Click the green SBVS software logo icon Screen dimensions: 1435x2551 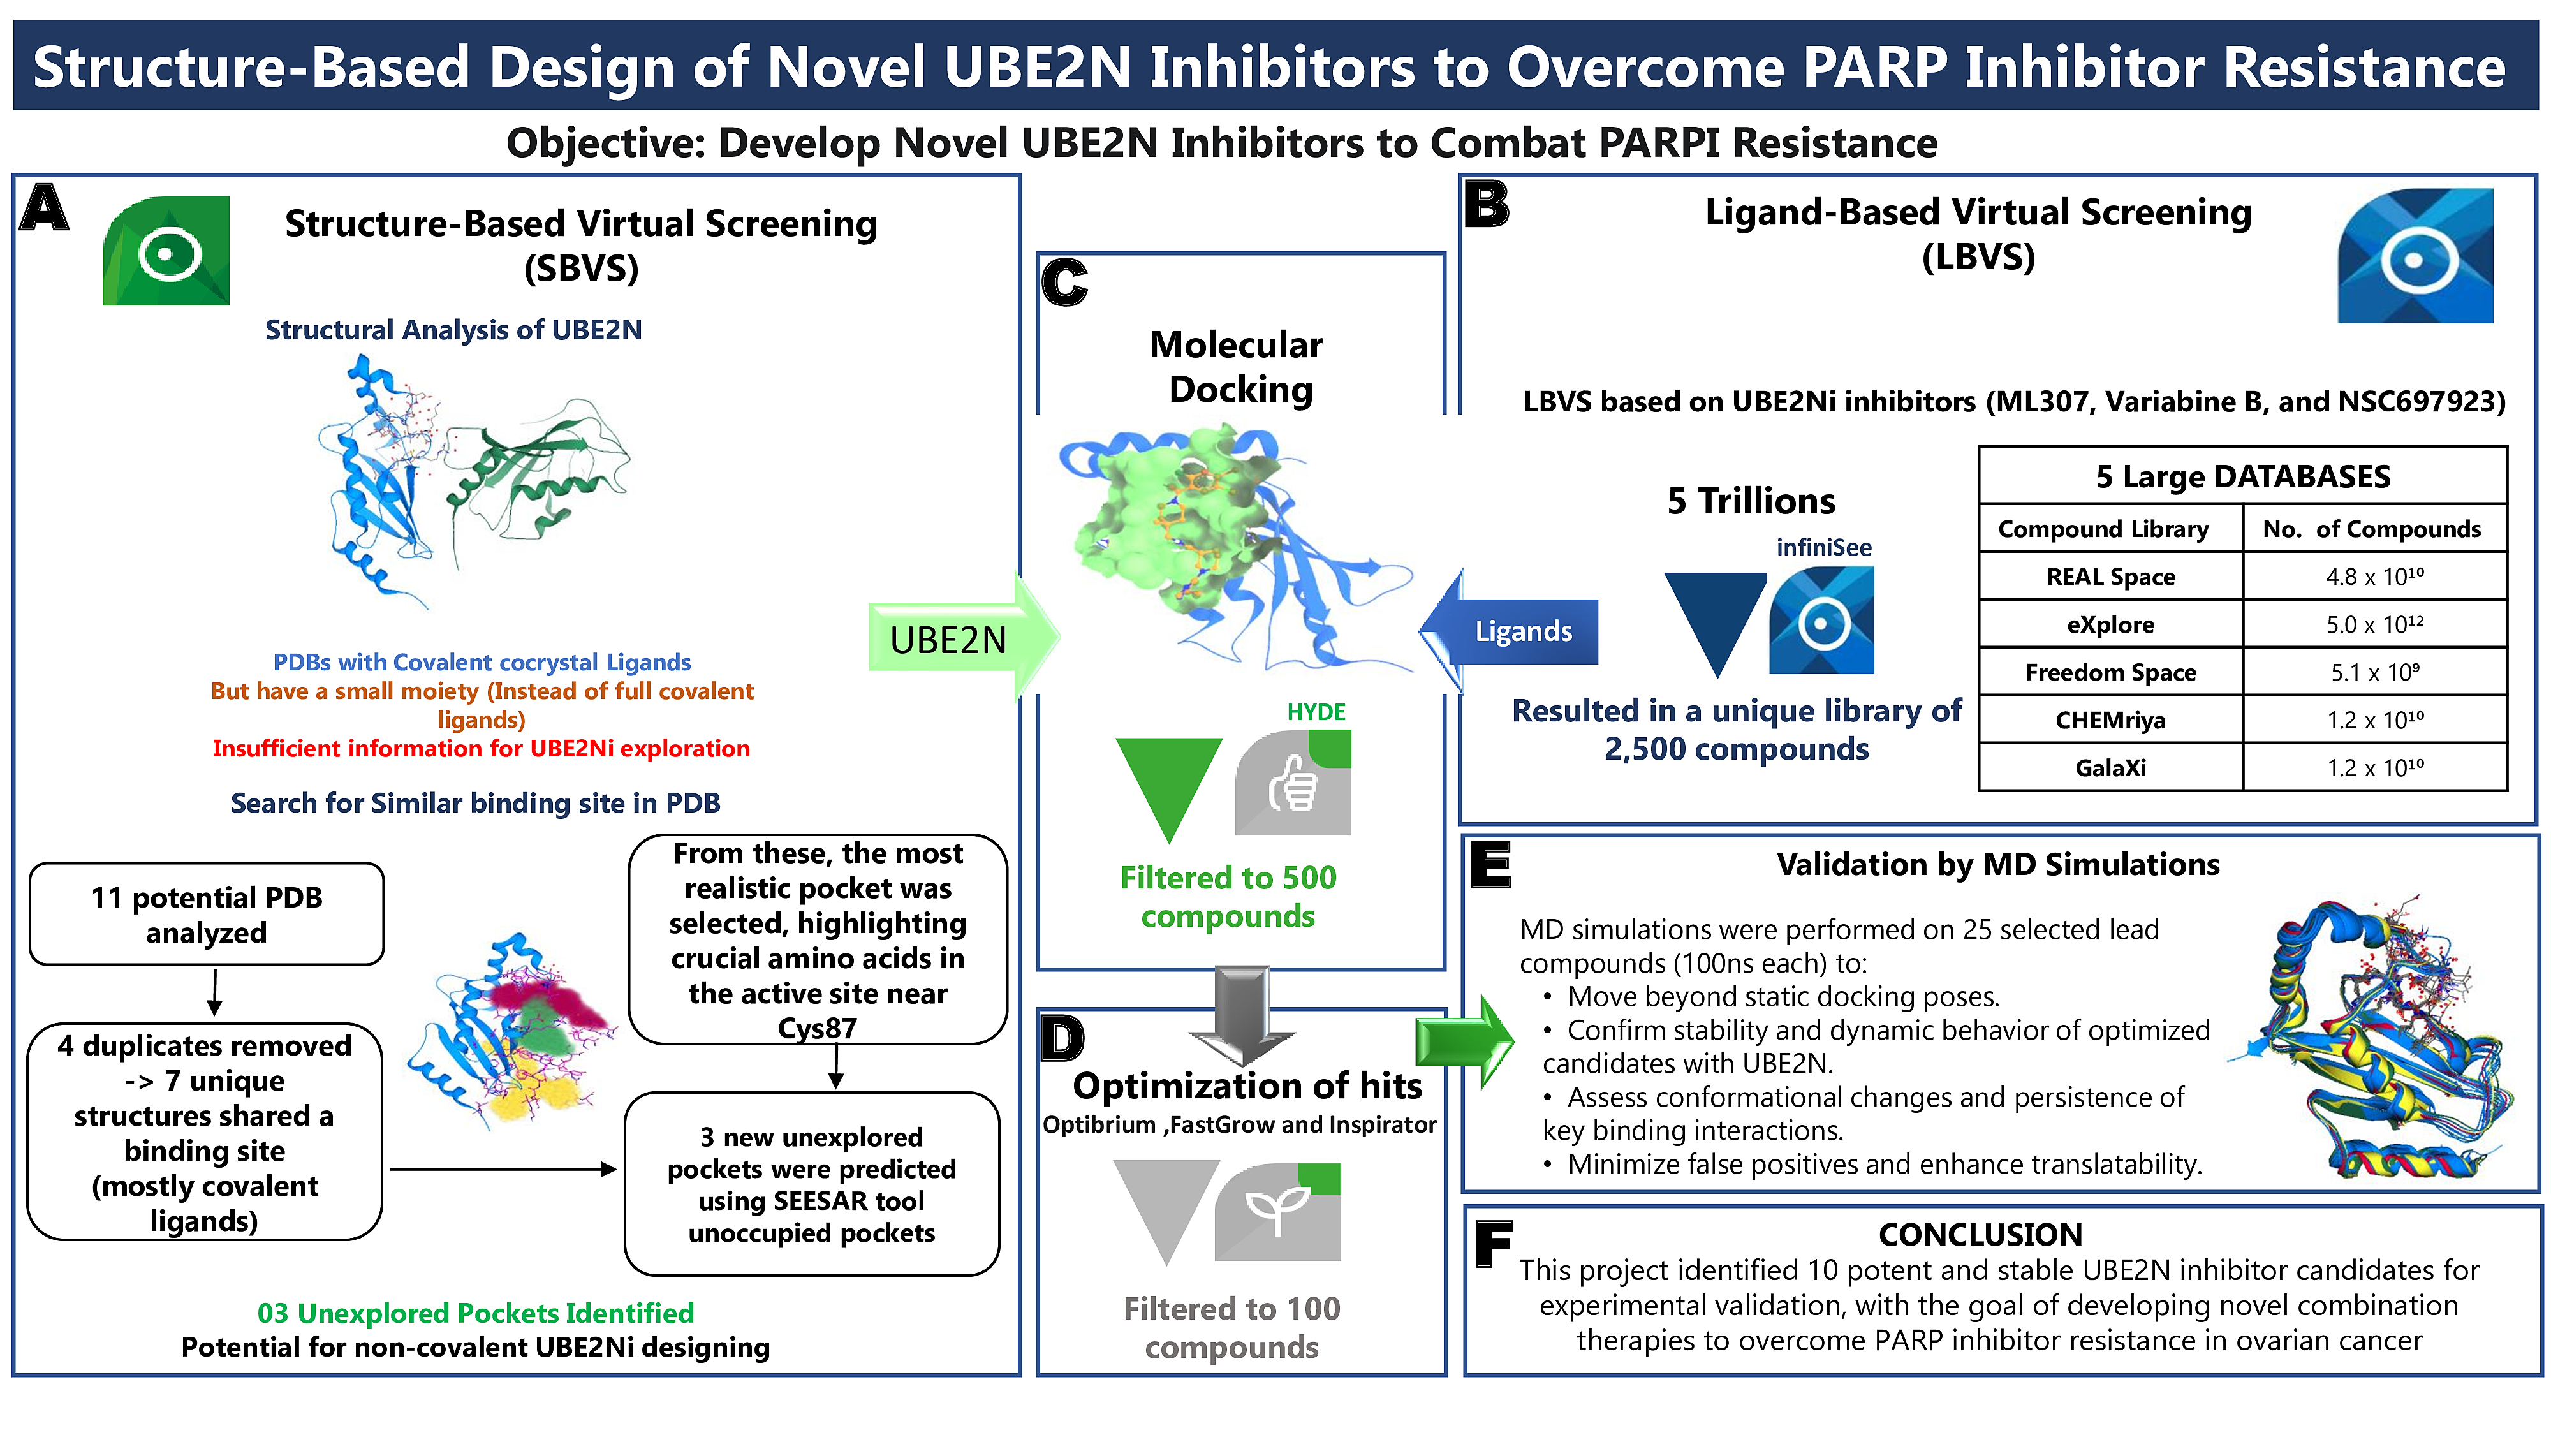coord(166,251)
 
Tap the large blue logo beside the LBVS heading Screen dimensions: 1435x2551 coord(2415,256)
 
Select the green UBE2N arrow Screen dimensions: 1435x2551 coord(960,639)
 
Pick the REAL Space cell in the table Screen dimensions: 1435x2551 coord(2110,577)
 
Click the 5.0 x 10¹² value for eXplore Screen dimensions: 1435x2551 coord(2375,624)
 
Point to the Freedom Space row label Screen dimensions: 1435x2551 coord(2110,672)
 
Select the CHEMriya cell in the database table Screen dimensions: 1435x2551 coord(2110,720)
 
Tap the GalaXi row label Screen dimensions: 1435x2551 coord(2110,767)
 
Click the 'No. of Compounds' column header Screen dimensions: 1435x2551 coord(2372,529)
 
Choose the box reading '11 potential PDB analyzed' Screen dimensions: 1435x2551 coord(207,914)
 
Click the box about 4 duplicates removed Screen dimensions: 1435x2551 coord(205,1132)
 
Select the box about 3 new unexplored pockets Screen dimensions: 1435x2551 coord(812,1184)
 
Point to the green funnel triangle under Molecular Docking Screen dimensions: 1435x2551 coord(1168,783)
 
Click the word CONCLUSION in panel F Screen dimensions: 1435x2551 coord(1981,1234)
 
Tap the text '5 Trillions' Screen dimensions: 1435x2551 coord(1751,501)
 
